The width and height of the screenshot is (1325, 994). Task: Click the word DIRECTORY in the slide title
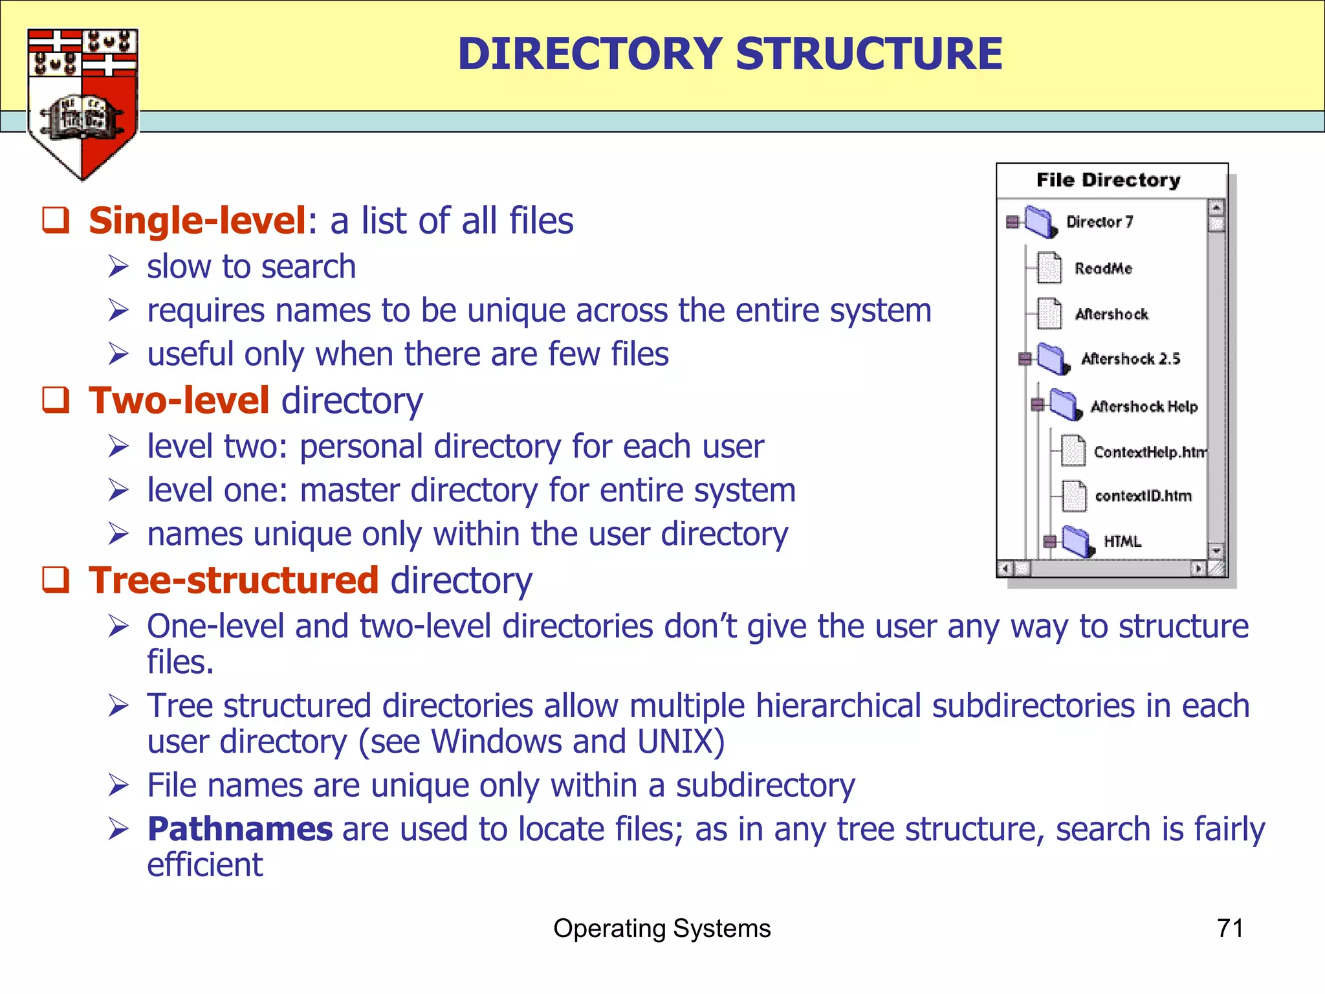pyautogui.click(x=589, y=54)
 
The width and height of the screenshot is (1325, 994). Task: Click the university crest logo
pyautogui.click(x=82, y=104)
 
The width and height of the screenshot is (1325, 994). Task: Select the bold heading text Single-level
pyautogui.click(x=197, y=221)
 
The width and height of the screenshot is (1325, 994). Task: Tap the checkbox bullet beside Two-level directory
pyautogui.click(x=56, y=400)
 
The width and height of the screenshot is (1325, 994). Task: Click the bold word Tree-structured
pyautogui.click(x=234, y=580)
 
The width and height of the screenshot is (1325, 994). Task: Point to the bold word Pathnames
pyautogui.click(x=240, y=829)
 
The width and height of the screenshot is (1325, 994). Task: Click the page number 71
pyautogui.click(x=1230, y=928)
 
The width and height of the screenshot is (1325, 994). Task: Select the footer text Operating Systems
pyautogui.click(x=662, y=928)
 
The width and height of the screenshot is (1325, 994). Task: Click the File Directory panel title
pyautogui.click(x=1108, y=180)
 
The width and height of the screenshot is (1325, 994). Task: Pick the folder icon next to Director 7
pyautogui.click(x=1040, y=222)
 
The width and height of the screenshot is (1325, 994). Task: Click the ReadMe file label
pyautogui.click(x=1103, y=268)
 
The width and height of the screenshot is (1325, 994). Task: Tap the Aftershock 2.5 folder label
pyautogui.click(x=1130, y=359)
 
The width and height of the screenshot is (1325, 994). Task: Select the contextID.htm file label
pyautogui.click(x=1143, y=496)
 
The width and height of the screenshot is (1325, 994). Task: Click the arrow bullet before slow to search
pyautogui.click(x=119, y=267)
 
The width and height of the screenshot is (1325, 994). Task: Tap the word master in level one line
pyautogui.click(x=349, y=490)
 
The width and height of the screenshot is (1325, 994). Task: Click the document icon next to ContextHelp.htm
pyautogui.click(x=1073, y=450)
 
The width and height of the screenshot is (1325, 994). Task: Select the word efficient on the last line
pyautogui.click(x=204, y=865)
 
